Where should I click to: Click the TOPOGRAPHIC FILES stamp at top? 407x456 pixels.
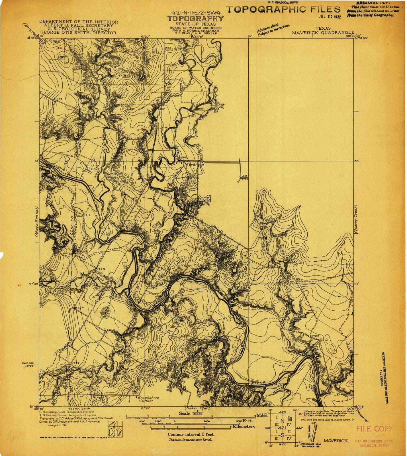pyautogui.click(x=283, y=9)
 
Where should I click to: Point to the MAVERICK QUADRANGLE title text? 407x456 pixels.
pyautogui.click(x=323, y=32)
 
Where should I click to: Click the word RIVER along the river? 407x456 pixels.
pyautogui.click(x=258, y=383)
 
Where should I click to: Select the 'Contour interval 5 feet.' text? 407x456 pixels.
pyautogui.click(x=191, y=435)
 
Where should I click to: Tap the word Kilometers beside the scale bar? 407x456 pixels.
pyautogui.click(x=244, y=427)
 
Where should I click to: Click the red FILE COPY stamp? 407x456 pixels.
pyautogui.click(x=374, y=429)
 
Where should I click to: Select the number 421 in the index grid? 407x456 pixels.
pyautogui.click(x=282, y=427)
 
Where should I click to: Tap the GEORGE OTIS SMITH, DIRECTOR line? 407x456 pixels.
pyautogui.click(x=78, y=33)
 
